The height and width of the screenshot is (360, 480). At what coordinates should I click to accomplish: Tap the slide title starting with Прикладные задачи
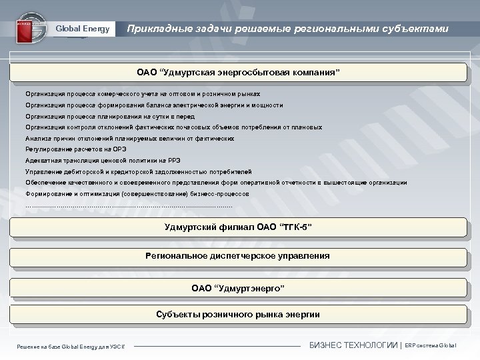click(287, 29)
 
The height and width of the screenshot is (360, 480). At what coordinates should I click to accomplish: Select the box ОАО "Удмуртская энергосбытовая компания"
click(238, 72)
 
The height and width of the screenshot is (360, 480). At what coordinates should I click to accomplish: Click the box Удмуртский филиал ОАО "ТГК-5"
click(238, 227)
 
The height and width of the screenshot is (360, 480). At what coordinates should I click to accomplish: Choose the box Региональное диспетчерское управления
click(238, 256)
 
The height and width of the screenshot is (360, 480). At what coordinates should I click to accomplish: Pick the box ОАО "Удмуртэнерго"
click(238, 288)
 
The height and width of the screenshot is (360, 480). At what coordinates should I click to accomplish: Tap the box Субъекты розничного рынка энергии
click(238, 314)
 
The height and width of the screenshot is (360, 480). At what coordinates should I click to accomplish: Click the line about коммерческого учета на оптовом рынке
click(143, 94)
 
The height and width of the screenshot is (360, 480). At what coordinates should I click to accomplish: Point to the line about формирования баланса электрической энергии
click(154, 105)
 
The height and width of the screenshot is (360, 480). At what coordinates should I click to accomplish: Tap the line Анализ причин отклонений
click(129, 138)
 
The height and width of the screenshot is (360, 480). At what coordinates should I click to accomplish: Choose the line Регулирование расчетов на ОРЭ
click(76, 149)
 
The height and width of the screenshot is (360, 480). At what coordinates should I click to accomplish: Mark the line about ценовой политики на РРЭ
click(103, 160)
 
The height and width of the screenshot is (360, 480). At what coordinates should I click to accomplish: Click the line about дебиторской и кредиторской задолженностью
click(138, 171)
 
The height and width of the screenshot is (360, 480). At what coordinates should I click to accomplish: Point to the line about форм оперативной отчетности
click(216, 182)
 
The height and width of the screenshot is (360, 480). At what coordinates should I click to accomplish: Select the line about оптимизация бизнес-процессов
click(137, 193)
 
